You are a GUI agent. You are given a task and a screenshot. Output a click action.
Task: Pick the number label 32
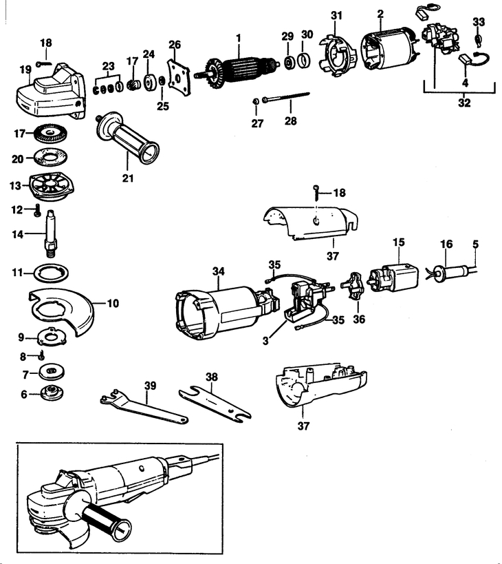coord(464,103)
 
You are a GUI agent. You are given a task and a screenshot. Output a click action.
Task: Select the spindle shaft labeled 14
coord(52,235)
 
